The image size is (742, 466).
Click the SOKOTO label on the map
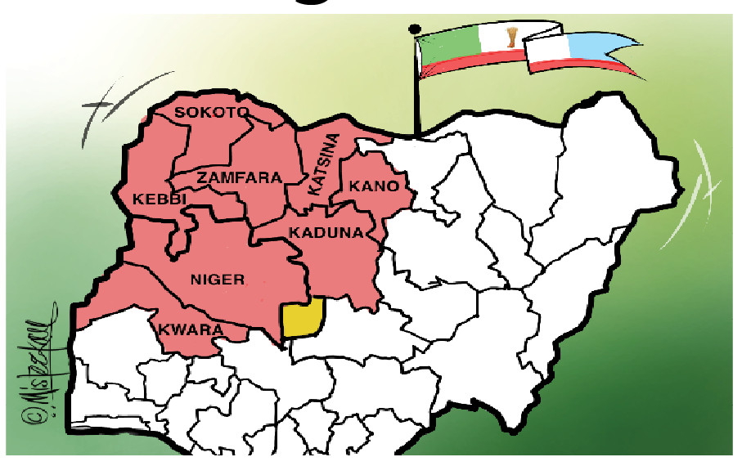pos(212,112)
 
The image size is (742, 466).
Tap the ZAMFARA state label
pos(239,177)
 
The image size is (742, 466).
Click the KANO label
pos(374,186)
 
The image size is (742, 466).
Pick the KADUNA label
pos(326,233)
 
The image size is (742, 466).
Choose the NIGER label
pos(217,280)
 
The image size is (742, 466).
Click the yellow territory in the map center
pos(301,319)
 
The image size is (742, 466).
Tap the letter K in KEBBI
pos(136,200)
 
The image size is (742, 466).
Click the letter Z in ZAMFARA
pos(200,177)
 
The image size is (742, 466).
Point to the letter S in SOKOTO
pos(181,112)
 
